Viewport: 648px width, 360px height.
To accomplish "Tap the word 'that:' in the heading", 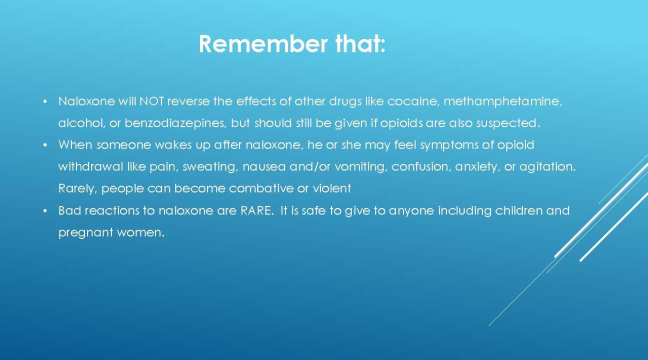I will coord(360,44).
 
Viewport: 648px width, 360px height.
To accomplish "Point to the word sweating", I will coord(209,167).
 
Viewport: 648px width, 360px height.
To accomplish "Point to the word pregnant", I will coord(84,233).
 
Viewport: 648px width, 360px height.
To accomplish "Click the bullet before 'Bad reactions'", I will coord(45,211).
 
